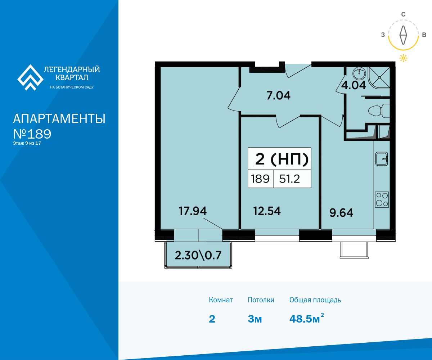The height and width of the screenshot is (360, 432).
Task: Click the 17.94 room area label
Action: (x=193, y=211)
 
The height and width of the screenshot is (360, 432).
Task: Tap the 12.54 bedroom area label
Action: (x=267, y=211)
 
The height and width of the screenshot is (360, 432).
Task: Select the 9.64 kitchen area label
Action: (x=341, y=213)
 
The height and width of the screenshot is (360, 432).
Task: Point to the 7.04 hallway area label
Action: (x=279, y=96)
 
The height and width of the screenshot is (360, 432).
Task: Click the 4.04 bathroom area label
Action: (x=354, y=85)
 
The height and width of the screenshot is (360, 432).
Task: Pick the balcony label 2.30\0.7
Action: (x=198, y=255)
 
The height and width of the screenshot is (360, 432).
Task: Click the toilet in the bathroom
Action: (x=379, y=111)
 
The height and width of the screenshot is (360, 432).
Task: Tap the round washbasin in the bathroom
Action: (x=360, y=73)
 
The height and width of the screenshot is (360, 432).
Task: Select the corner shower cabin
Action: (x=379, y=78)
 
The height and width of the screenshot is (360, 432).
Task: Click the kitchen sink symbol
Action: (x=382, y=159)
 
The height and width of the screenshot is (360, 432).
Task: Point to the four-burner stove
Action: (x=382, y=200)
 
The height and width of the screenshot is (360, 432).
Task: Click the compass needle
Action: (x=403, y=35)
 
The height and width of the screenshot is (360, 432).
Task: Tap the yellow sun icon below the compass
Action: (x=403, y=58)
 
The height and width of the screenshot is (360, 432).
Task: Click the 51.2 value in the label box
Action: (x=289, y=179)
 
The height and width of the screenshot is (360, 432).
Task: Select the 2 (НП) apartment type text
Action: (x=282, y=159)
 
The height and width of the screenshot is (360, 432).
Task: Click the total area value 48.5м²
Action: (x=306, y=318)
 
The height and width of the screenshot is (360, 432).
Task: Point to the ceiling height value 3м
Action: (x=255, y=319)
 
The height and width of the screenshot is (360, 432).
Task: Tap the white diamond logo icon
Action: (x=30, y=78)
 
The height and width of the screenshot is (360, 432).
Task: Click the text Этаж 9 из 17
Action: (x=27, y=143)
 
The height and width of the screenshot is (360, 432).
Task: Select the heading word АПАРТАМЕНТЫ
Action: (x=59, y=119)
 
